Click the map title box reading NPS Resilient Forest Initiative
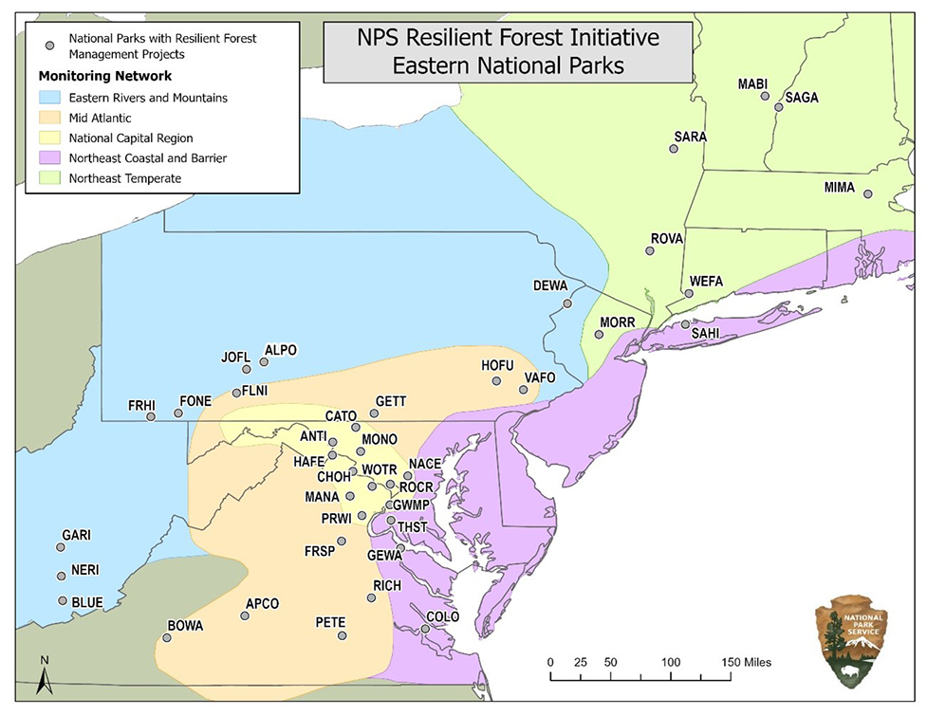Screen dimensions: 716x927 [x=507, y=52]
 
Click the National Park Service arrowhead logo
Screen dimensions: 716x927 [x=850, y=641]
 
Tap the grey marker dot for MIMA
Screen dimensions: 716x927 [x=867, y=194]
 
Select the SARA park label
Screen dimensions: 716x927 [x=690, y=137]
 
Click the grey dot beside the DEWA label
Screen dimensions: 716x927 [x=567, y=303]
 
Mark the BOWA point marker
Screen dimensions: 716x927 [x=167, y=638]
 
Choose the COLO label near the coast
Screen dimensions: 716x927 [x=442, y=616]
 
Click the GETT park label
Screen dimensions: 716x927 [x=391, y=401]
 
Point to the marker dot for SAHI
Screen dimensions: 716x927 [x=685, y=324]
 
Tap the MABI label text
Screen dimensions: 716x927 [x=753, y=84]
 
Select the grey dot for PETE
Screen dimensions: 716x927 [x=343, y=635]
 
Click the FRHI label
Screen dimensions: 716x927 [x=141, y=406]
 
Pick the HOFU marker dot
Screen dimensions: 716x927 [x=496, y=381]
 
